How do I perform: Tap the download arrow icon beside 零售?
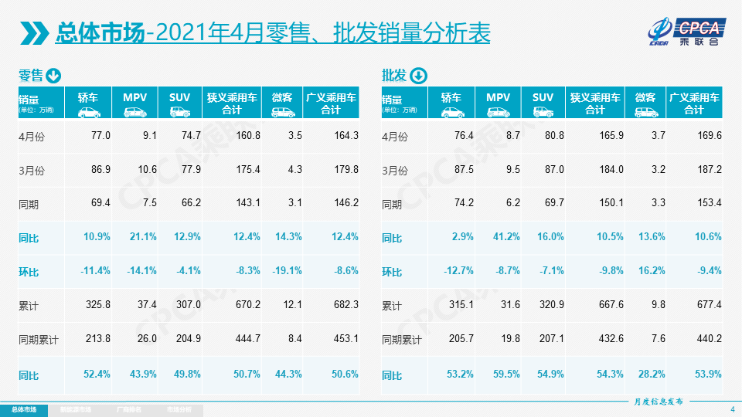pos(53,76)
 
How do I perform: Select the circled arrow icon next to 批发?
pos(417,76)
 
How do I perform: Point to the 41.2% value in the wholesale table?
pos(505,237)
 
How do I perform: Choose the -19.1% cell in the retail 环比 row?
pos(287,271)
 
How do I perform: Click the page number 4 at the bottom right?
pos(731,409)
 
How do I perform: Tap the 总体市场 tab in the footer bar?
pos(23,409)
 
